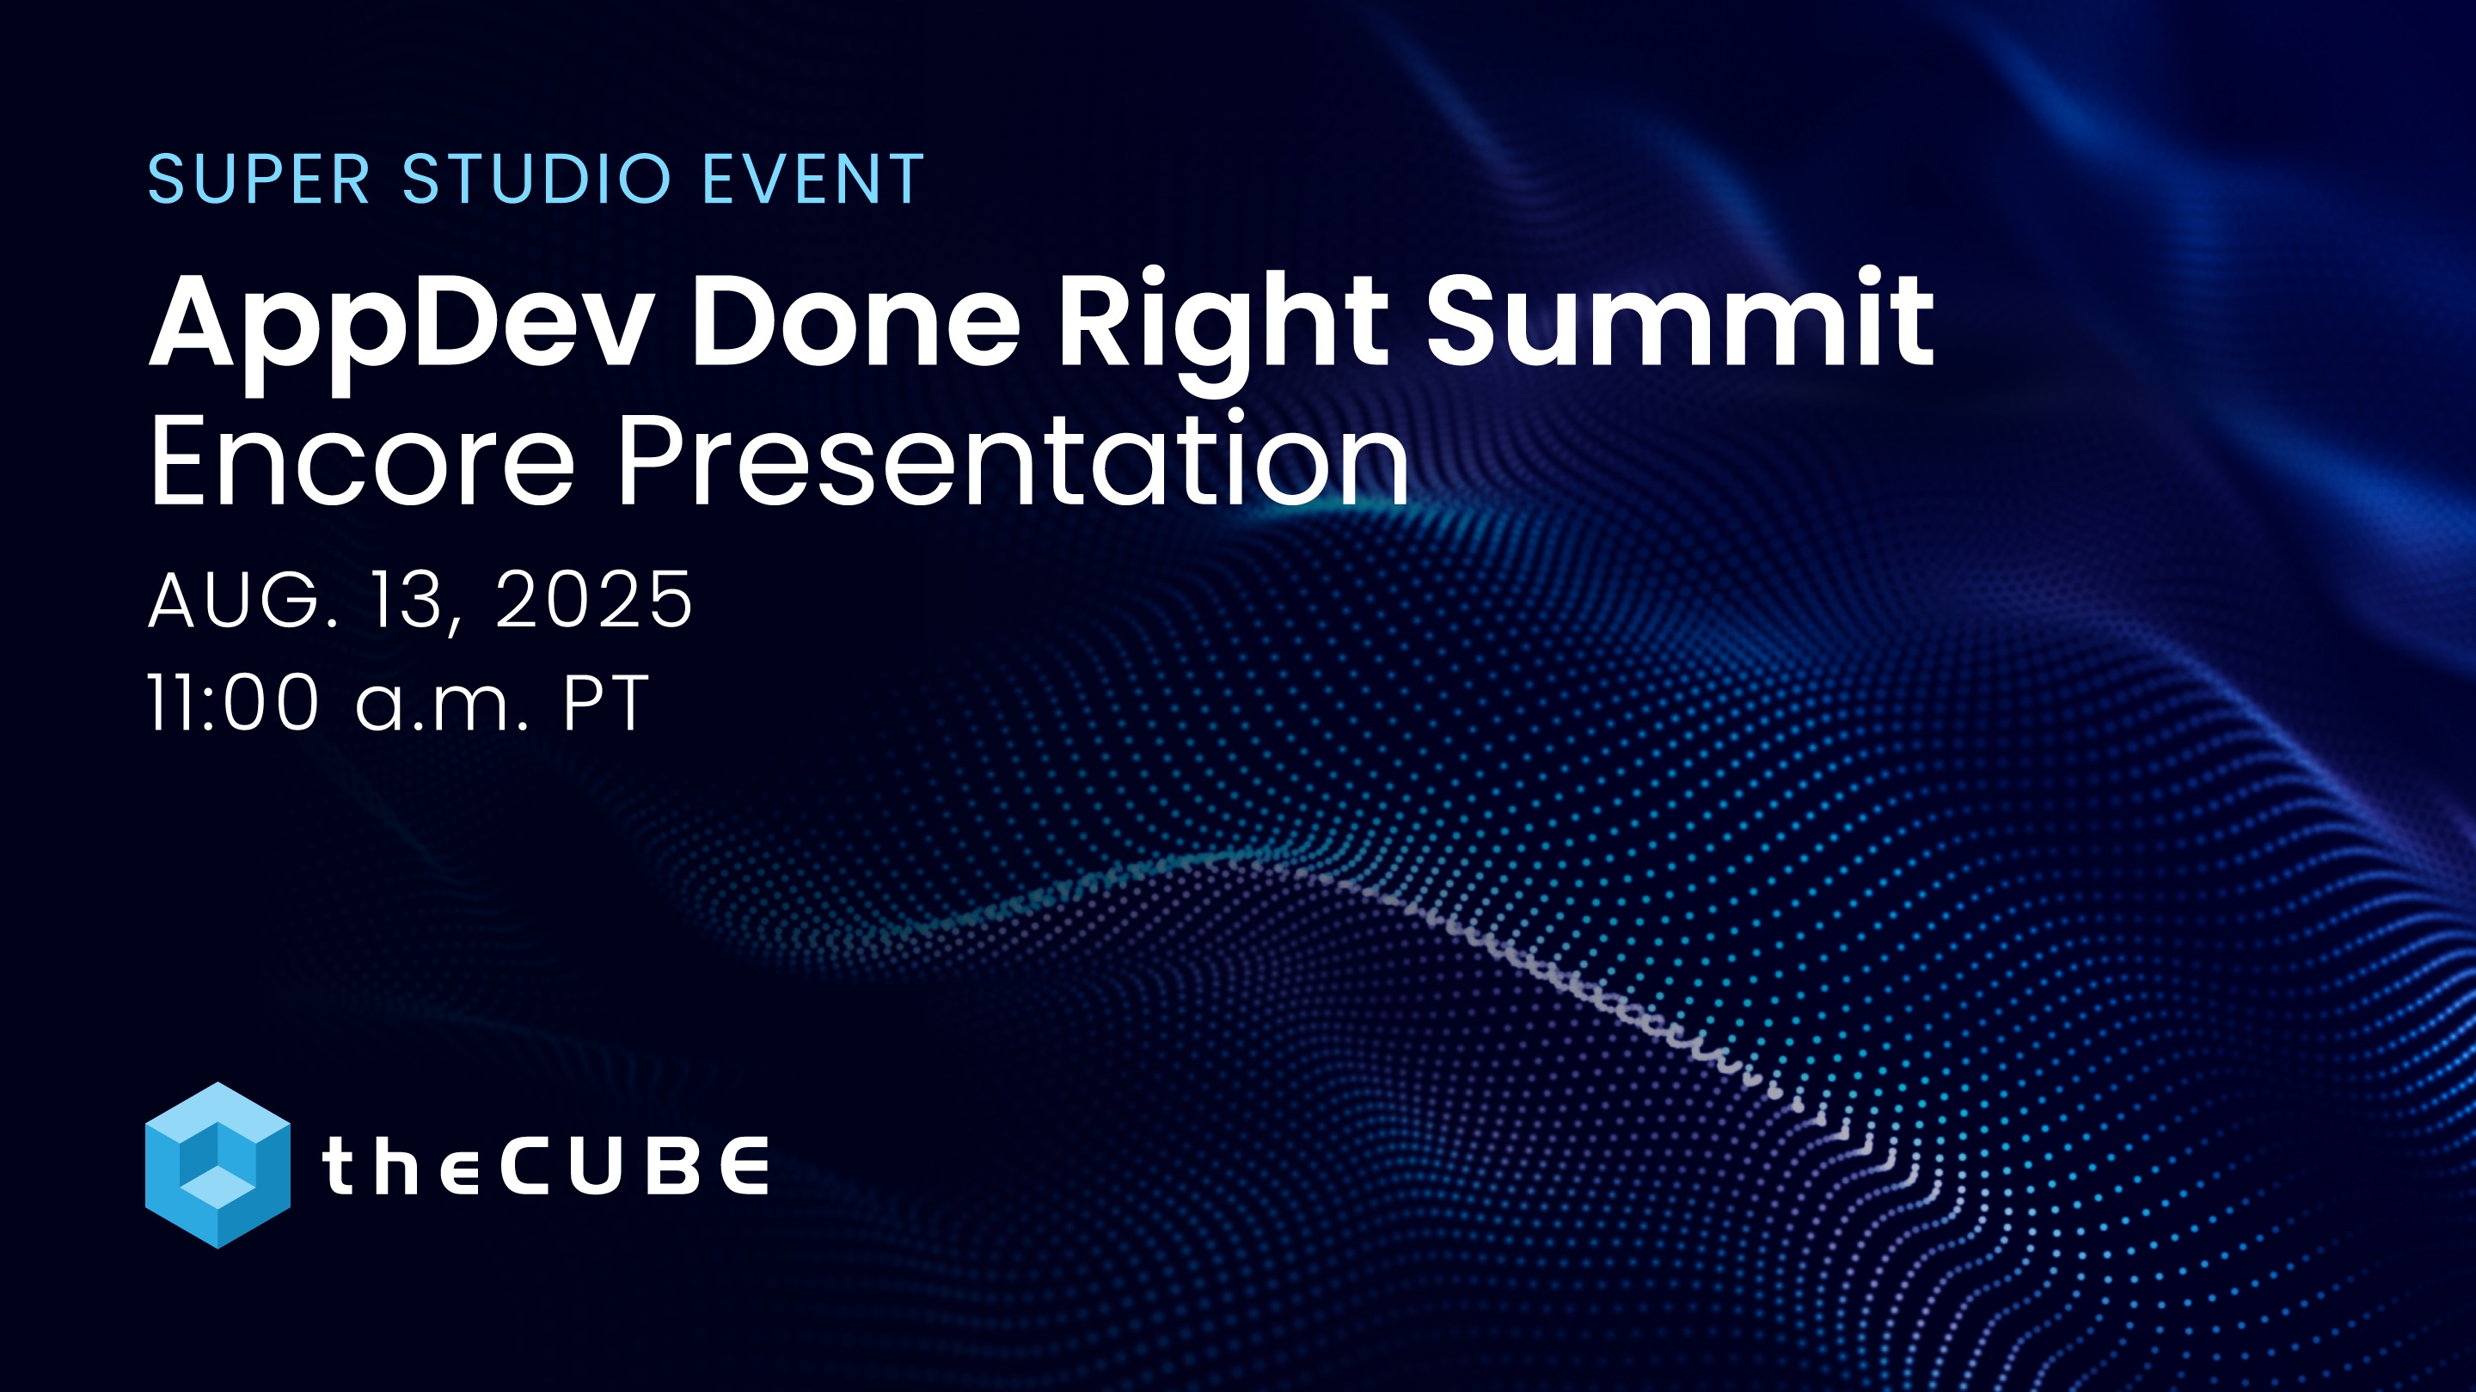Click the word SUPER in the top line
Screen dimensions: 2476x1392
pyautogui.click(x=259, y=179)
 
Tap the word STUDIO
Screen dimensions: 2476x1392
pyautogui.click(x=536, y=179)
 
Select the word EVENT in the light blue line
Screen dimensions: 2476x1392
pyautogui.click(x=813, y=179)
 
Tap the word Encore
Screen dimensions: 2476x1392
pyautogui.click(x=362, y=461)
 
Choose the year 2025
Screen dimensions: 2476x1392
pyautogui.click(x=594, y=600)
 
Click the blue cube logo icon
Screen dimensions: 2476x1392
pyautogui.click(x=218, y=1165)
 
